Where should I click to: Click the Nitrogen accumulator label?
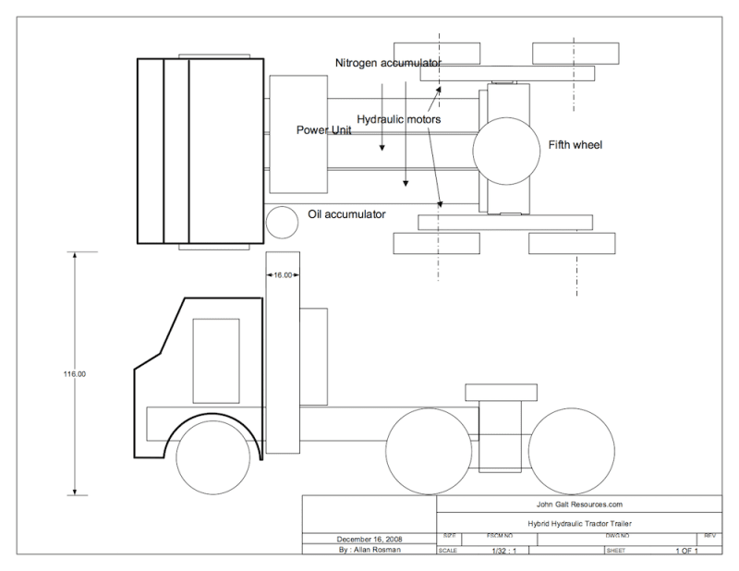click(x=388, y=62)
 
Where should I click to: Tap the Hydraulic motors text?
click(x=397, y=119)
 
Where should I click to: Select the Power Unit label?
click(x=323, y=130)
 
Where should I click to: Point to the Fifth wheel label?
click(x=575, y=145)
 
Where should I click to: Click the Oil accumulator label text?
click(x=346, y=214)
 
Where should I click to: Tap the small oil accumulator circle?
click(x=280, y=221)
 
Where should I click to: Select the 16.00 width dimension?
click(x=281, y=274)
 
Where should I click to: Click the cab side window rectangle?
click(x=215, y=360)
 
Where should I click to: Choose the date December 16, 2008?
click(x=369, y=537)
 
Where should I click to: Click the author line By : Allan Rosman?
click(x=369, y=549)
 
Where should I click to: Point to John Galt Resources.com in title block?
click(x=578, y=504)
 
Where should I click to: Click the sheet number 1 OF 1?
click(x=684, y=550)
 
